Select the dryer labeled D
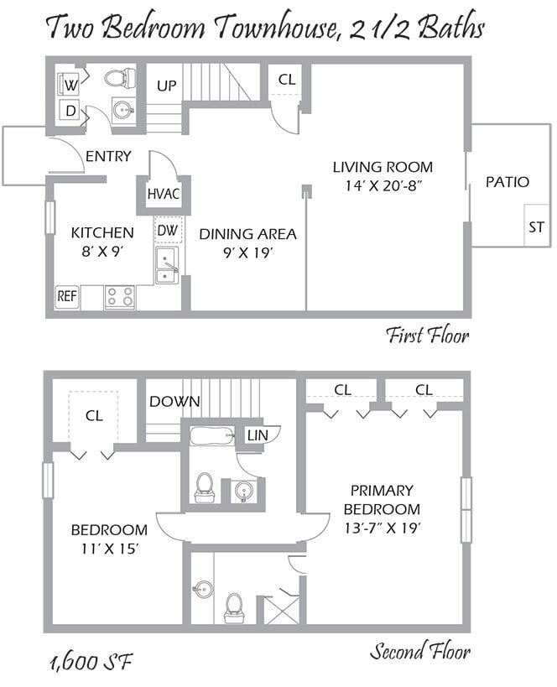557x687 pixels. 70,110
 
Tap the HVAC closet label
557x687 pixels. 164,194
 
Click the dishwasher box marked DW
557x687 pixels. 168,230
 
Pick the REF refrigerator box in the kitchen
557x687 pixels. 67,296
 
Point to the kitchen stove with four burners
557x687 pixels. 120,297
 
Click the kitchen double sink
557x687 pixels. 166,264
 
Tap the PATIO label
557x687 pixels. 508,181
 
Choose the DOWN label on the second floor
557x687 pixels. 174,402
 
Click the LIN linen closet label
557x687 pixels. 256,435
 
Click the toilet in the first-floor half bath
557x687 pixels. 122,78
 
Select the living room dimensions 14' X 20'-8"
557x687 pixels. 382,185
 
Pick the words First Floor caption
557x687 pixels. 427,336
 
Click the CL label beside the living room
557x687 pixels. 287,81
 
